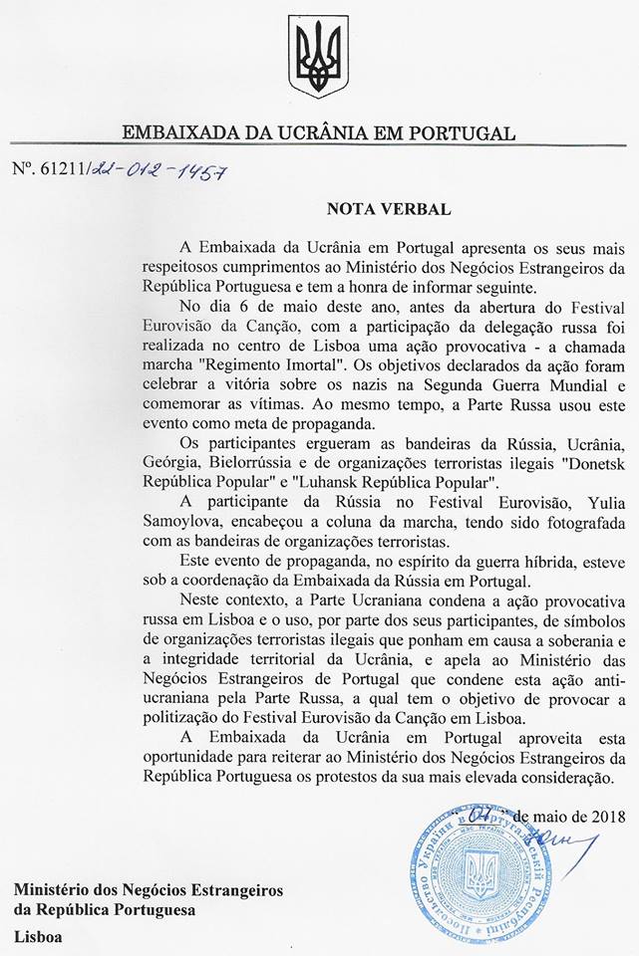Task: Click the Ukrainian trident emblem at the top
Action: (x=318, y=57)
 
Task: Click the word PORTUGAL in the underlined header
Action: (x=465, y=132)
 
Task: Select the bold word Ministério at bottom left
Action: (x=53, y=889)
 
